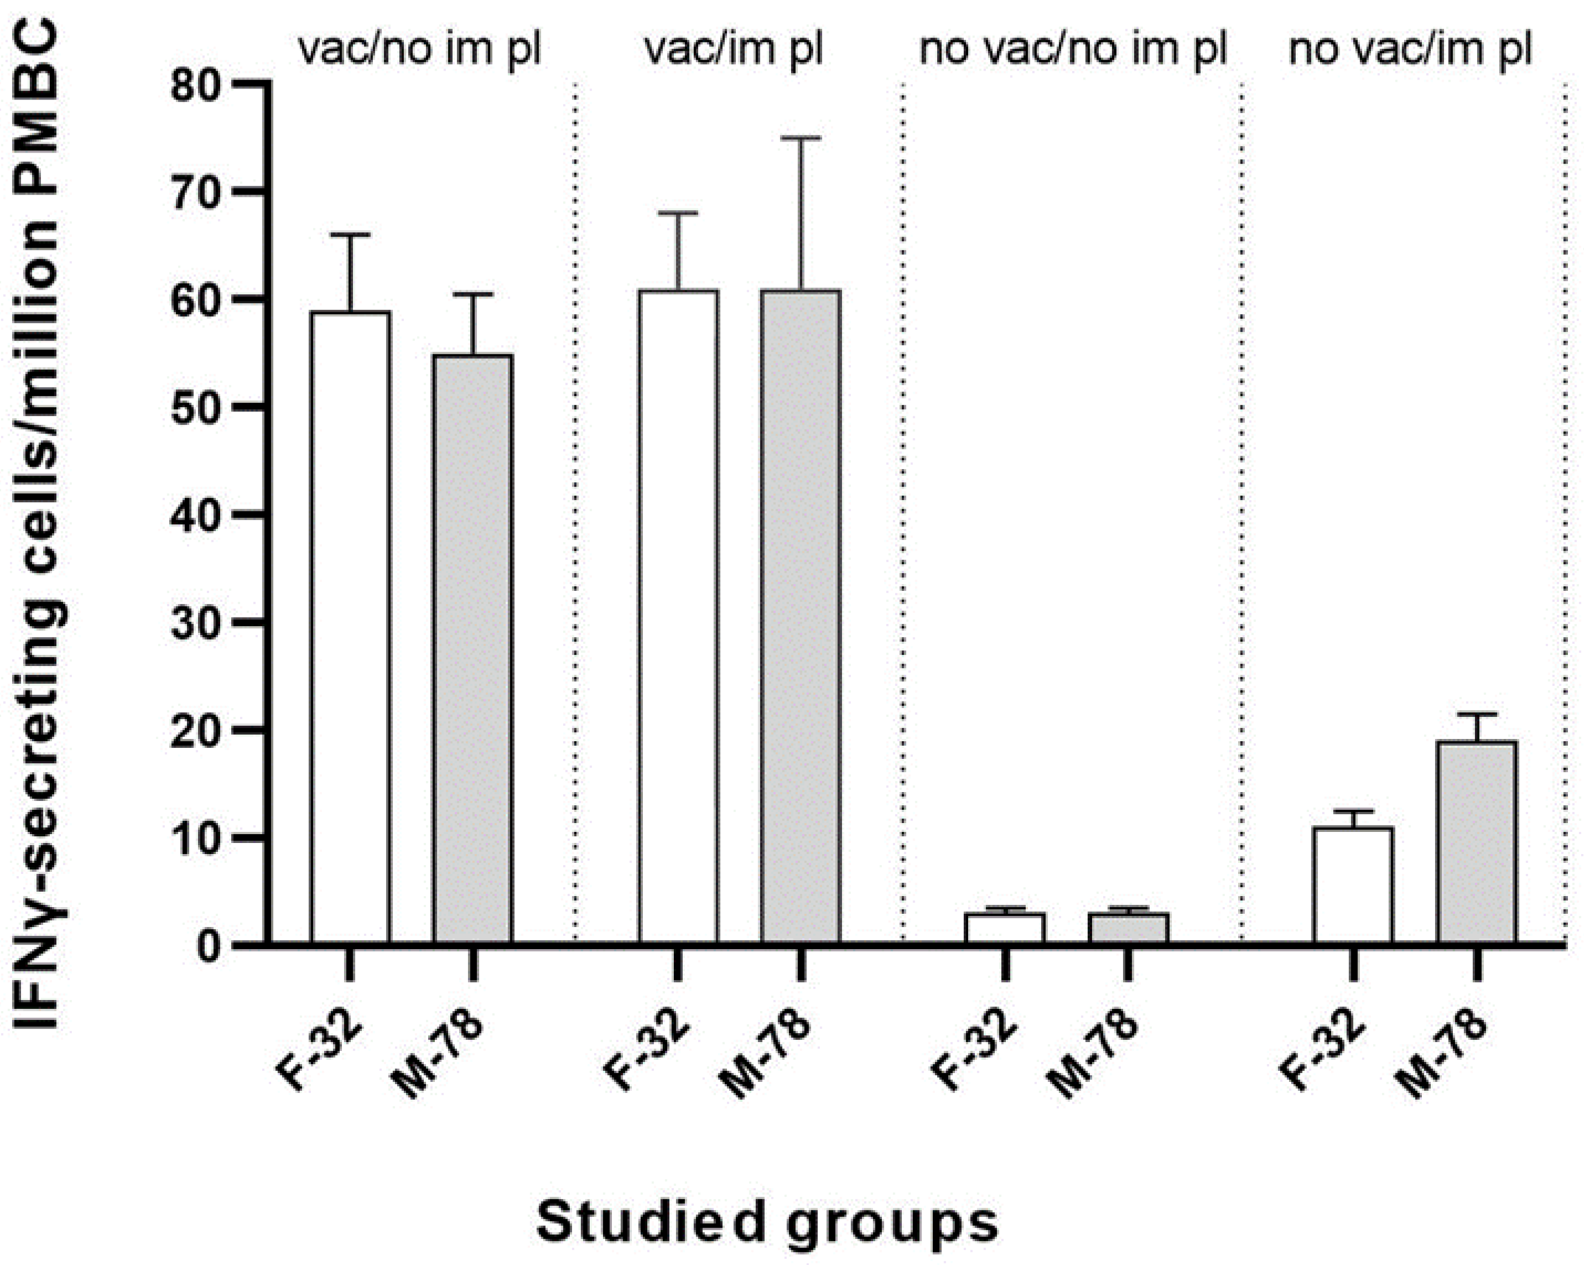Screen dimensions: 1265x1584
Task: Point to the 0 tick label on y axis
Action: (x=209, y=945)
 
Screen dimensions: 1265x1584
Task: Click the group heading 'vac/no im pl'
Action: (x=419, y=50)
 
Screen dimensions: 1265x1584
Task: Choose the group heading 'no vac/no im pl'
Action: (x=1073, y=50)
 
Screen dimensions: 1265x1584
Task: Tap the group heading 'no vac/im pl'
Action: (x=1411, y=50)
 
